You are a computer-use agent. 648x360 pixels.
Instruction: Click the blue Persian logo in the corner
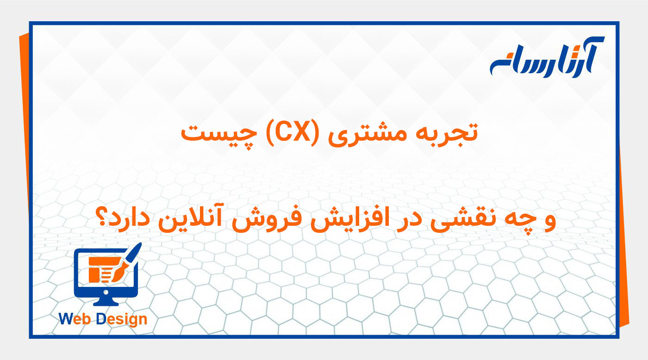click(x=547, y=58)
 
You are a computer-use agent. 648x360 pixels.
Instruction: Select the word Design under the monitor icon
click(x=122, y=319)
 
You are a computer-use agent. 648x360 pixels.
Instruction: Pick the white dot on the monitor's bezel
click(x=106, y=292)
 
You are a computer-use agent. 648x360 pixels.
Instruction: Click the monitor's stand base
click(x=106, y=303)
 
